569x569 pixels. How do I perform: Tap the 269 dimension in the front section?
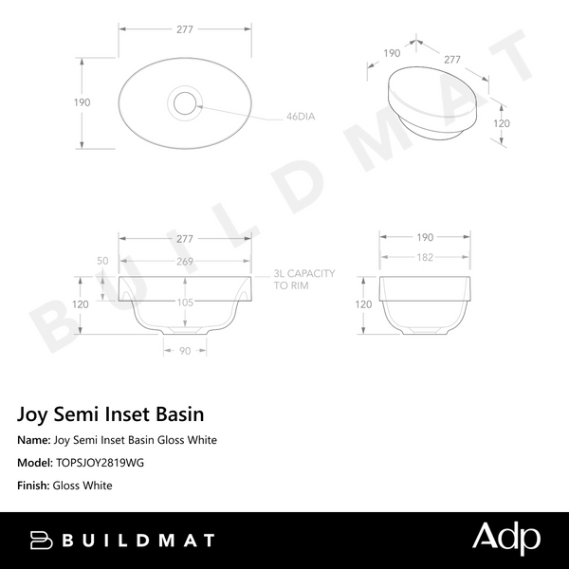[184, 260]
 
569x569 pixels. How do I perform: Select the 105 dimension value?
[184, 303]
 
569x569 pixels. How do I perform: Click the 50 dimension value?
[102, 260]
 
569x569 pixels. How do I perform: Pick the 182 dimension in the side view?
[424, 259]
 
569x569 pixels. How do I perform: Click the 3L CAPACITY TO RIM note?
[303, 279]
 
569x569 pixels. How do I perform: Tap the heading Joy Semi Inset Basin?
[110, 414]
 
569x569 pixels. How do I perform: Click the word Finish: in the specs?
[33, 486]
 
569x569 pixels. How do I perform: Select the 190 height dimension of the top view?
[83, 102]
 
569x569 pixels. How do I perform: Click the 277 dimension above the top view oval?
[184, 29]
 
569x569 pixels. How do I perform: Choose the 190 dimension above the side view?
[424, 236]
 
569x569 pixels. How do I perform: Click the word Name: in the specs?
[35, 440]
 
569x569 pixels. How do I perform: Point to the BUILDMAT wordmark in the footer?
[138, 541]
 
